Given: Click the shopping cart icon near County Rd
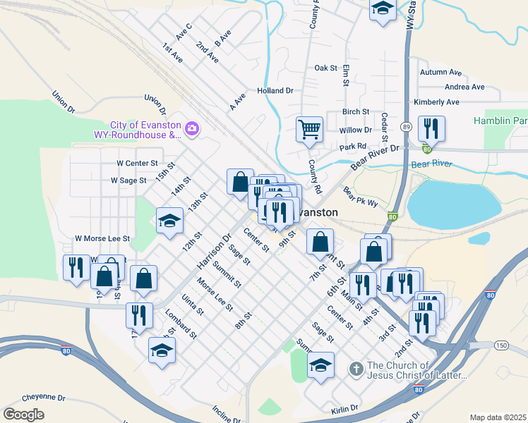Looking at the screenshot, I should click(309, 130).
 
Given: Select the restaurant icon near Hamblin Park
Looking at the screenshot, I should click(430, 129).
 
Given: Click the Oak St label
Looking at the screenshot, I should click(326, 68).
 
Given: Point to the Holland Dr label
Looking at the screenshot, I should click(275, 91).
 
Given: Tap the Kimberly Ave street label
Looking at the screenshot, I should click(437, 102).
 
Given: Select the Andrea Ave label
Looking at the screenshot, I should click(464, 87).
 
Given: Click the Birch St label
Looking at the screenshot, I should click(356, 112).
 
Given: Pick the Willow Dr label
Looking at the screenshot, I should click(355, 130).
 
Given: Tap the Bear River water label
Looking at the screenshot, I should click(431, 164).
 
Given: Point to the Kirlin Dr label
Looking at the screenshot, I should click(345, 409).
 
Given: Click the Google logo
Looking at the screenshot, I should click(23, 415).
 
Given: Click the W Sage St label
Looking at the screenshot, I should click(128, 180).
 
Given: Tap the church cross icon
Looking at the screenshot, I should click(357, 369).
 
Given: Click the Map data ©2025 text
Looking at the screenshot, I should click(498, 417).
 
